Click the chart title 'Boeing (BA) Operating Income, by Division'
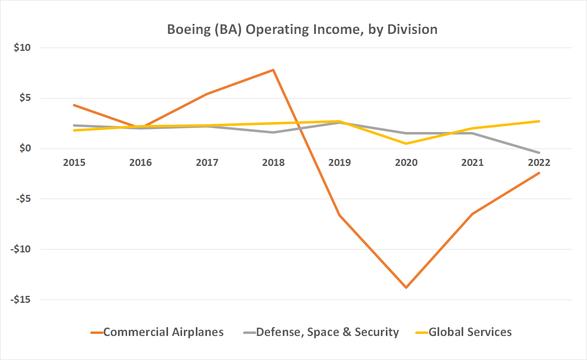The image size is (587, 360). point(302,29)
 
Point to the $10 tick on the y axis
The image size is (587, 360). point(22,48)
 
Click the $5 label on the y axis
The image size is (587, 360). point(25,98)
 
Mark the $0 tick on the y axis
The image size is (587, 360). point(25,148)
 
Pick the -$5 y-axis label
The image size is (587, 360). point(23,199)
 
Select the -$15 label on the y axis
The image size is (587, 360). point(21,300)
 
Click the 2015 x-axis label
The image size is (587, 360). point(74,163)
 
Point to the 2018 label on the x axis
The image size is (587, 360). point(273,163)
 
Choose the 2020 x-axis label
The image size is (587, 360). point(406,163)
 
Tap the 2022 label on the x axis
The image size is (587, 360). point(539,163)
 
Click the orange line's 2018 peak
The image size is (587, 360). point(273,70)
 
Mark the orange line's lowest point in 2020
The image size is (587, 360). point(406,288)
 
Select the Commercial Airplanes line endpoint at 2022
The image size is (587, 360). point(539,173)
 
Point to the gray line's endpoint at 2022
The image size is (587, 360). point(539,153)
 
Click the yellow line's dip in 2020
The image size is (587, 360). point(406,144)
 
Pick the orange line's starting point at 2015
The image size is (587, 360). point(74,105)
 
